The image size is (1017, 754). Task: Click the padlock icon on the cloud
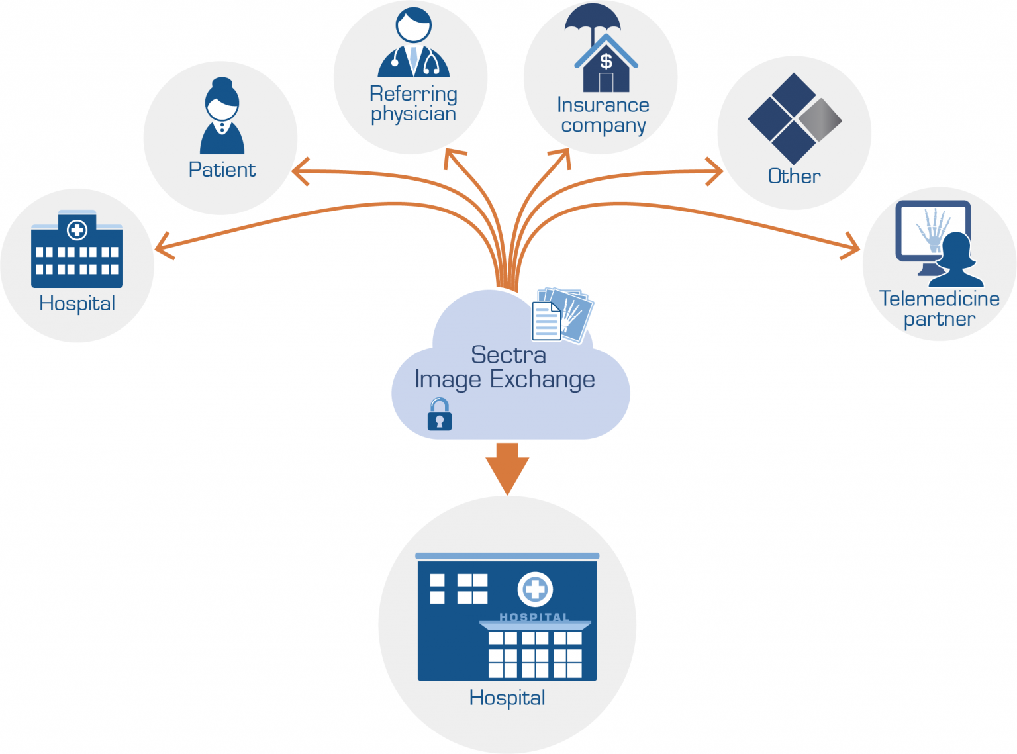click(x=440, y=415)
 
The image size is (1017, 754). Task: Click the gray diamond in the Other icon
click(x=820, y=120)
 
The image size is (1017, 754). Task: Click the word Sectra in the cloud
click(x=508, y=355)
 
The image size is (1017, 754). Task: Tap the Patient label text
click(x=222, y=170)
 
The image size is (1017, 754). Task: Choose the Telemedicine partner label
click(x=939, y=308)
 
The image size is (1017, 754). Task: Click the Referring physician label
click(x=413, y=104)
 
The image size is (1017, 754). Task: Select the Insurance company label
click(x=603, y=115)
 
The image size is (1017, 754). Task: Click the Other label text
click(x=794, y=177)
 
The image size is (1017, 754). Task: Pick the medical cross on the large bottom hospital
click(x=535, y=589)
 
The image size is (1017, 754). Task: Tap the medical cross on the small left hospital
click(x=77, y=230)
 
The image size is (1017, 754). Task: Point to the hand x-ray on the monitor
click(x=932, y=229)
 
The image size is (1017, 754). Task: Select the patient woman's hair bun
click(x=222, y=84)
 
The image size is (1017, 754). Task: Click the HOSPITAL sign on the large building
click(x=534, y=617)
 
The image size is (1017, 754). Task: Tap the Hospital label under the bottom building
click(x=507, y=698)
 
